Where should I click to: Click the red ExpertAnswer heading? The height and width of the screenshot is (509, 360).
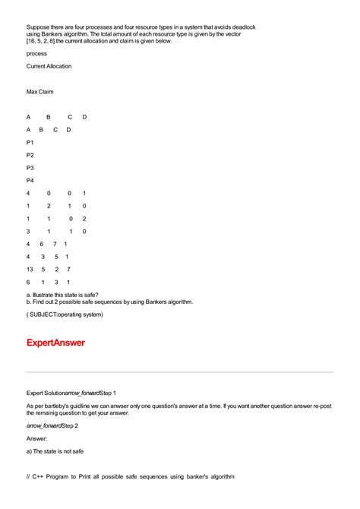(55, 343)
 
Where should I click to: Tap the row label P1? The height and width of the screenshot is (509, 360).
(30, 142)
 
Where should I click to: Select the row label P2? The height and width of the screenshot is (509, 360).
(30, 155)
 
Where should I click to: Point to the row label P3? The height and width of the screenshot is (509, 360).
(30, 168)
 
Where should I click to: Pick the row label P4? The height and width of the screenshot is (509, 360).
(30, 181)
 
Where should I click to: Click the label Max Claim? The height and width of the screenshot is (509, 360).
(39, 92)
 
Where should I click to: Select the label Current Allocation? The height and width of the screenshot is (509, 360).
(49, 67)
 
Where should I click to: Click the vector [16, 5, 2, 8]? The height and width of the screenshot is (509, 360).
(45, 42)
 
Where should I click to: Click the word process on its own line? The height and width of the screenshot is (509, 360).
(36, 54)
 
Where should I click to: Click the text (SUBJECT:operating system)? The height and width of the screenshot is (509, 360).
(65, 314)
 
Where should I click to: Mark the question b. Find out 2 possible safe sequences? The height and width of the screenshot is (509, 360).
(109, 302)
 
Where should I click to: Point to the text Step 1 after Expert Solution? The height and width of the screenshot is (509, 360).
(103, 393)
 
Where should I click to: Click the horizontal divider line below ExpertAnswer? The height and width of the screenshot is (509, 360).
(179, 372)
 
